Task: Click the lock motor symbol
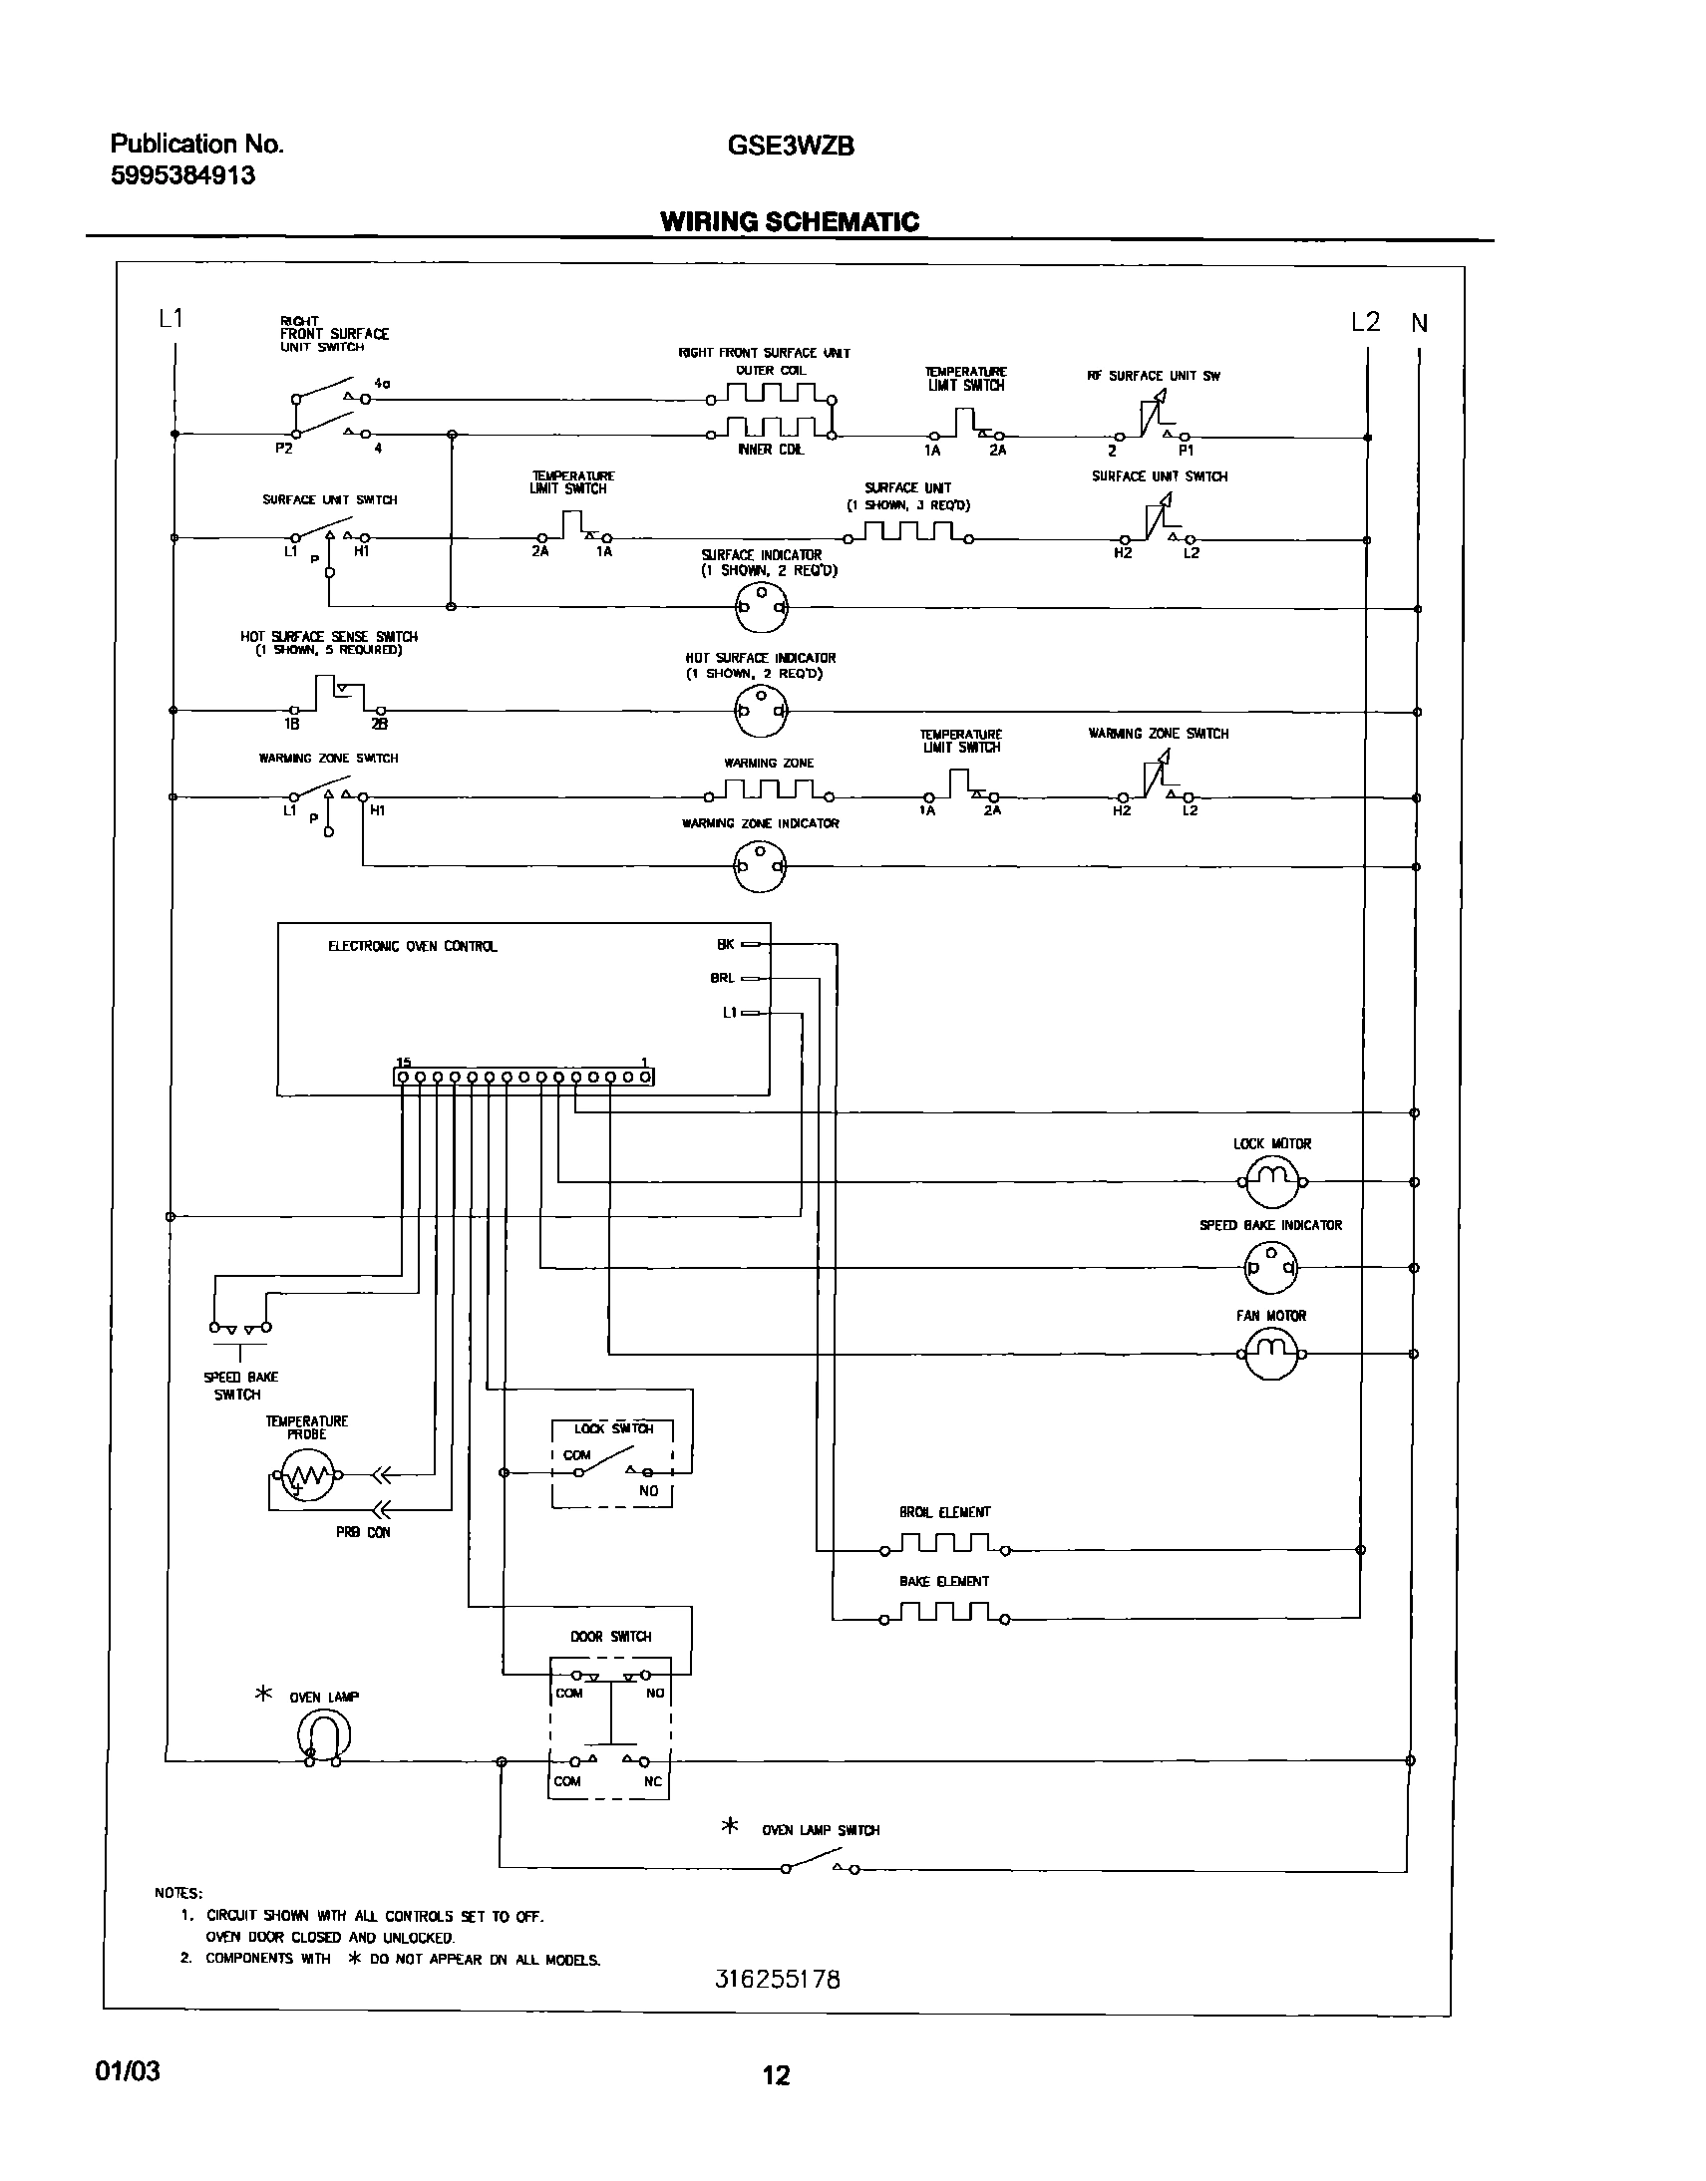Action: point(1271,1181)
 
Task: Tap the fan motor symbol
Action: point(1271,1354)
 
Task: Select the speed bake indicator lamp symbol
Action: point(1270,1268)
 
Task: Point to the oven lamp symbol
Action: point(324,1736)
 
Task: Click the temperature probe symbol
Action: point(307,1474)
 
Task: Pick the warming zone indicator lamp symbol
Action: point(760,866)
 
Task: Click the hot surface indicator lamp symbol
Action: point(761,712)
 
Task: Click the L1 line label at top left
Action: point(171,319)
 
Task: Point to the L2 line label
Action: point(1365,322)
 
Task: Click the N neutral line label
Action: point(1419,324)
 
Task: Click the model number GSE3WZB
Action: point(790,146)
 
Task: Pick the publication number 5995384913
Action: point(182,175)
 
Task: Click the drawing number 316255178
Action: point(778,1980)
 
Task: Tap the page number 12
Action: point(776,2075)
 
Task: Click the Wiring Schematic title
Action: point(789,221)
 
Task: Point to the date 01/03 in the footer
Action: point(127,2071)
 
